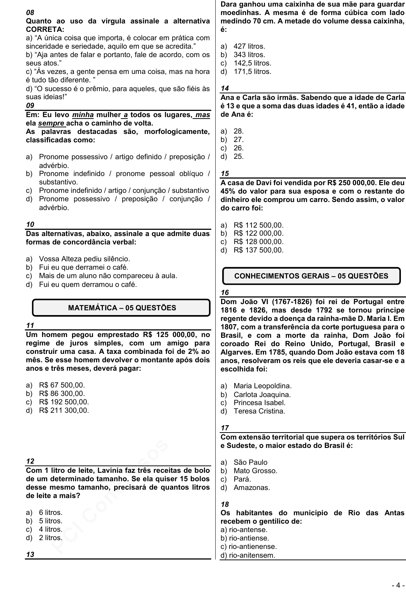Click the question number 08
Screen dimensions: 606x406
[x=30, y=13]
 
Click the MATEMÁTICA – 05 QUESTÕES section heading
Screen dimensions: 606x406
[x=122, y=308]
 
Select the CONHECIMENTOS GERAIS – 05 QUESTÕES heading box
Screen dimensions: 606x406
[x=311, y=276]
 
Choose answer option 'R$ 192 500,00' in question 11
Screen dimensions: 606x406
[x=64, y=402]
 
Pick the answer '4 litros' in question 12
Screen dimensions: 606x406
[x=51, y=529]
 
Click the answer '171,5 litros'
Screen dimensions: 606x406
[x=252, y=72]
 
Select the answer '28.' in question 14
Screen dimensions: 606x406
[x=238, y=131]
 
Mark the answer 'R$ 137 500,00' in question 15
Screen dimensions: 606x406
[x=258, y=250]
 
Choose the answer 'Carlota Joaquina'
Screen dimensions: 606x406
[x=262, y=394]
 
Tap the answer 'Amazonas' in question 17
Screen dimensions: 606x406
[x=252, y=488]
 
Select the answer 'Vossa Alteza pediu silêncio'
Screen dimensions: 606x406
[x=84, y=259]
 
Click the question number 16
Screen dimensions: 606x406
[x=225, y=292]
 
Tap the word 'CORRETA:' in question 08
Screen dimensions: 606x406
[x=45, y=29]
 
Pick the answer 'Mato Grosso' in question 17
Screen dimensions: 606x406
[x=255, y=471]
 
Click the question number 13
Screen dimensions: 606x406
[x=30, y=554]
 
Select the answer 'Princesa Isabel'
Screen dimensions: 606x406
[x=259, y=403]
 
